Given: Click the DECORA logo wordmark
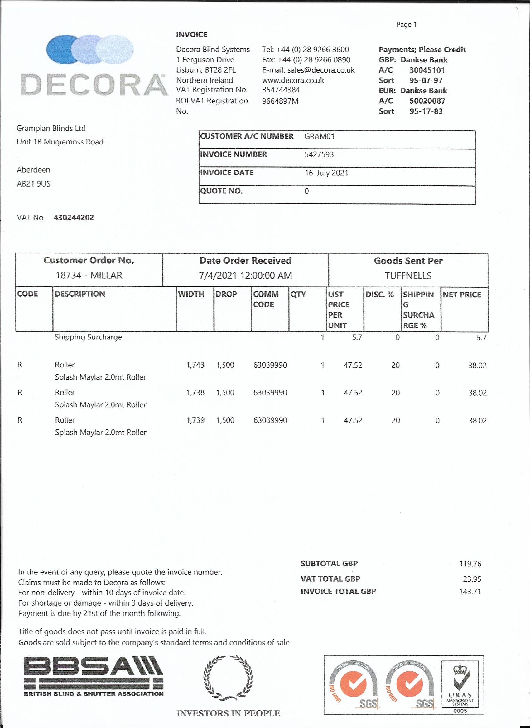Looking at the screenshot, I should point(94,85).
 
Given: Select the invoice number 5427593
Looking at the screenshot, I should point(319,154).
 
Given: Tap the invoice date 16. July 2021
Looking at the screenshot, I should point(326,173).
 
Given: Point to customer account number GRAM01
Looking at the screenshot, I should point(319,136).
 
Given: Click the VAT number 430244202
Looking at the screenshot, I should point(74,218).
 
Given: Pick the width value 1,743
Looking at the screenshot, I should point(195,365).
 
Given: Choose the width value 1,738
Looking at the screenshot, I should point(195,393).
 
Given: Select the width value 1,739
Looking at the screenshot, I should point(195,420).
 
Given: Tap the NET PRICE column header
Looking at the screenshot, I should point(461,295).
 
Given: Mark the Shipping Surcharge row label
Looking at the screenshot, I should point(88,337).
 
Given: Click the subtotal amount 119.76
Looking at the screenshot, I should point(470,564).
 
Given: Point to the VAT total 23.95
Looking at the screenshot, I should point(472,579).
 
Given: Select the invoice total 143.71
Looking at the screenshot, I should point(470,591).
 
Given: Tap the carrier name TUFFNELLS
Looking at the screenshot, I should point(408,276).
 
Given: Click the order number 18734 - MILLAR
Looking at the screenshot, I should point(89,275).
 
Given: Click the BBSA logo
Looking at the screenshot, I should point(94,676).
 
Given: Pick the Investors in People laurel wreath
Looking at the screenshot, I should point(228,677).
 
